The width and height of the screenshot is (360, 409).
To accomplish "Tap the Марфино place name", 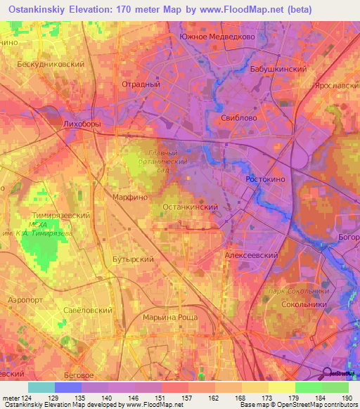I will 130,197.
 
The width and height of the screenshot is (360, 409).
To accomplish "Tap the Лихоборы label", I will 82,124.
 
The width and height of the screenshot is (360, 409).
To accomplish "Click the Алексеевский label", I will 252,256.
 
